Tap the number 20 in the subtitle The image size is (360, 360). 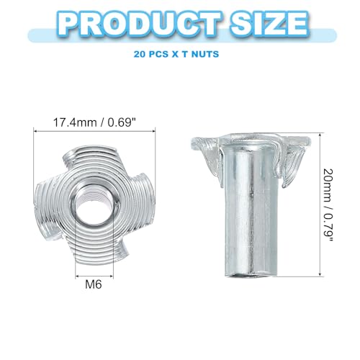click(139, 54)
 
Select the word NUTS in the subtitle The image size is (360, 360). click(205, 54)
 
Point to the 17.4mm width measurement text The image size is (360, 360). click(75, 123)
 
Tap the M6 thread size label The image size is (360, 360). click(94, 284)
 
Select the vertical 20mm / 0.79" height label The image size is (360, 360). click(328, 205)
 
